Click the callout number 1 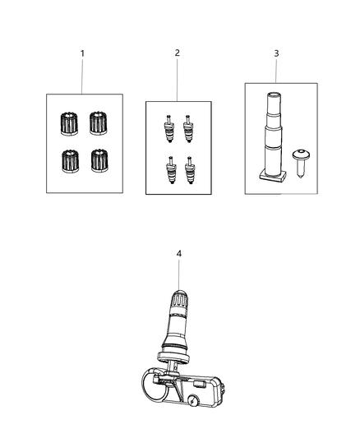pos(82,53)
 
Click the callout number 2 pos(177,53)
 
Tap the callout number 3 pos(276,53)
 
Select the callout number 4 pos(178,254)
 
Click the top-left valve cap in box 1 pos(68,124)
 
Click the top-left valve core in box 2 pos(168,128)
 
